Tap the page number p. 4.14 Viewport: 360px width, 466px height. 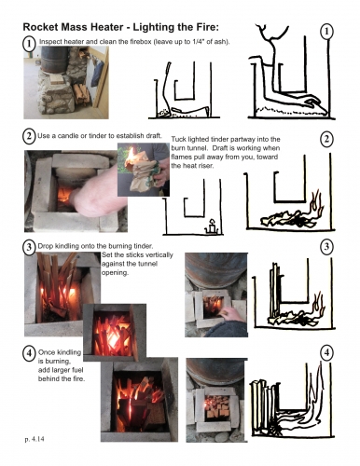[35, 439]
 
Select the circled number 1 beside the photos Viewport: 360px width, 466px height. [29, 44]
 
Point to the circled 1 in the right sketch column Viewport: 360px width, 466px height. [326, 32]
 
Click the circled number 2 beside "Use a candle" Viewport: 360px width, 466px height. [29, 136]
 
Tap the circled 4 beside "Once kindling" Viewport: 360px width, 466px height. [29, 354]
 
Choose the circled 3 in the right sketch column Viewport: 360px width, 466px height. [326, 247]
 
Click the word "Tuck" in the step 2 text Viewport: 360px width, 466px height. [178, 139]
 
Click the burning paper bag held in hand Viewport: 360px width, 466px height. [140, 174]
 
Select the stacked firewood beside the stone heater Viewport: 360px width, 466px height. [81, 95]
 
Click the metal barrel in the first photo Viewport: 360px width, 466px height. [55, 60]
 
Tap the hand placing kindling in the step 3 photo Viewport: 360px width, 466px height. [230, 315]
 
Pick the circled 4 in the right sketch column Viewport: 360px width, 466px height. [326, 353]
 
